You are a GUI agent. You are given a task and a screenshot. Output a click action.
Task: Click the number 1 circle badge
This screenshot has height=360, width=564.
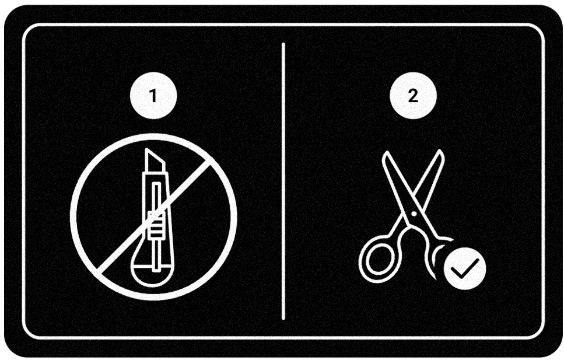153,96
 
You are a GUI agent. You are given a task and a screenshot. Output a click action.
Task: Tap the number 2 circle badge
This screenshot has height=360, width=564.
412,96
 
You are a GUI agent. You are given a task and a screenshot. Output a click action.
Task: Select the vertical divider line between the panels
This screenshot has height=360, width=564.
283,181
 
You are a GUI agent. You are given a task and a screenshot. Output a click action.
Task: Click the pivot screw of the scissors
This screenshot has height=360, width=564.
413,214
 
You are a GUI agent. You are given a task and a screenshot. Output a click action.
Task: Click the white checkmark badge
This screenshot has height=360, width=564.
464,268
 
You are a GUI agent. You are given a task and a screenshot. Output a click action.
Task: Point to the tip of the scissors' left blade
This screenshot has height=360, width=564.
385,155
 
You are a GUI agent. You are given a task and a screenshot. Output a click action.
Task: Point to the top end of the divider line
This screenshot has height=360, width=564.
283,44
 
